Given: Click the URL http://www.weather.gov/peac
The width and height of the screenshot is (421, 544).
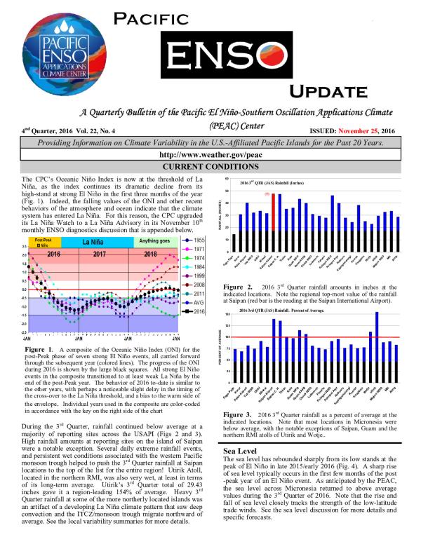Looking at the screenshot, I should (210, 155).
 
